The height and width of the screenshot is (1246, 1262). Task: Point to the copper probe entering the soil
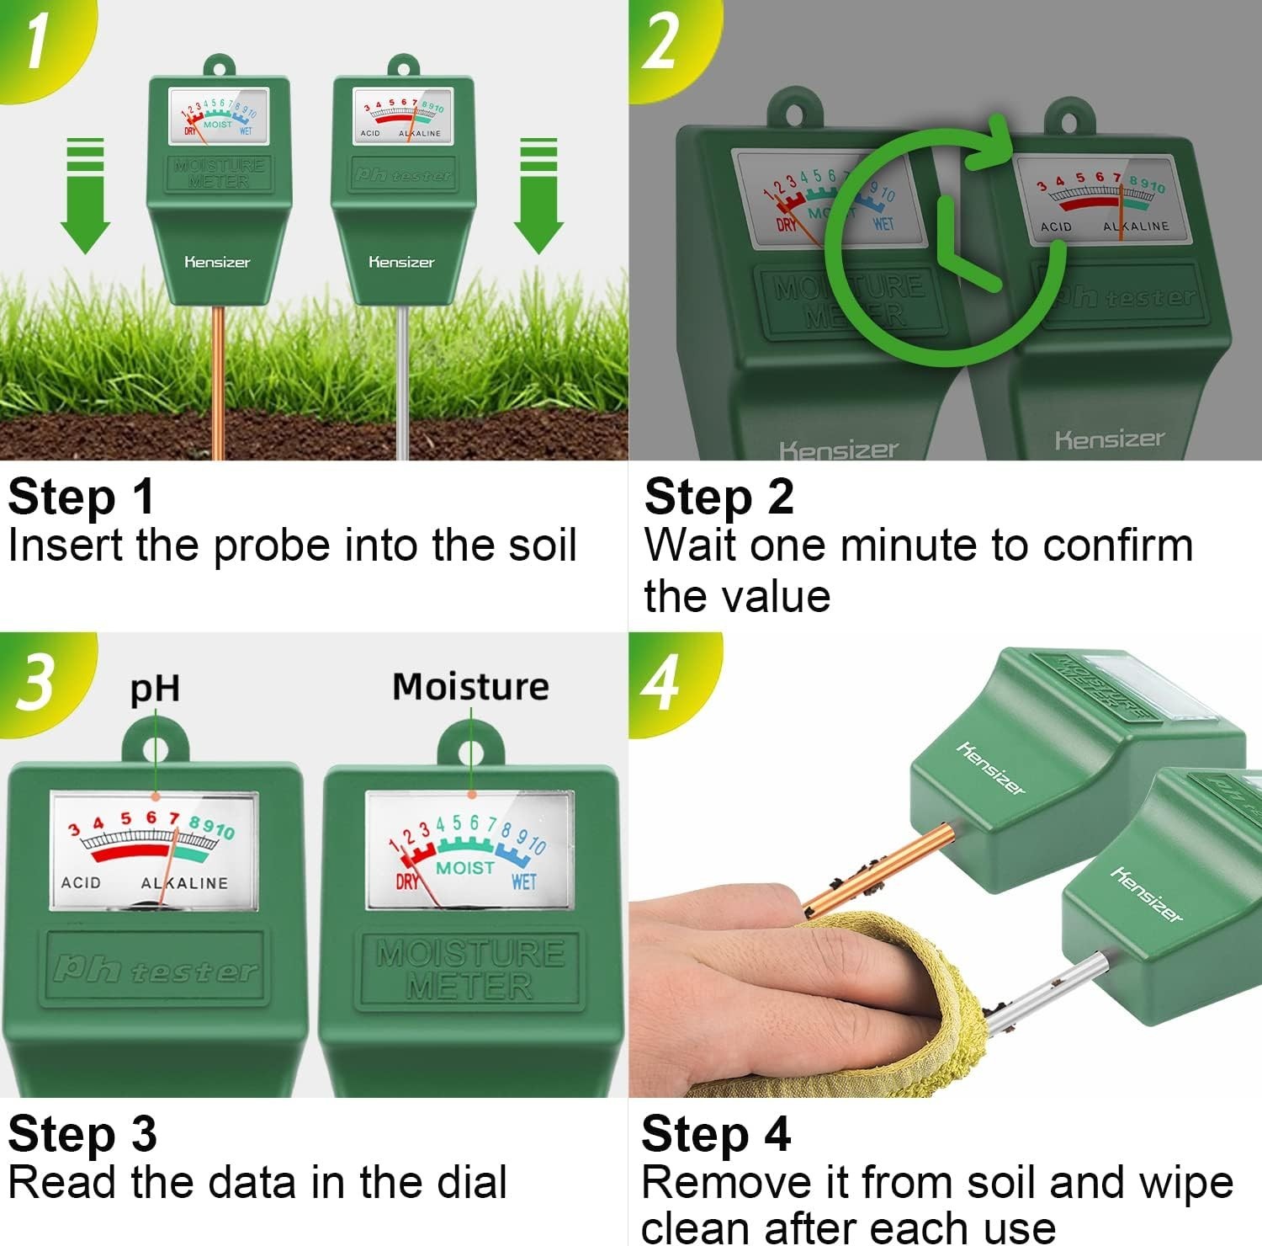pos(219,379)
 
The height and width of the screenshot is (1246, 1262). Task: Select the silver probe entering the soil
pos(403,379)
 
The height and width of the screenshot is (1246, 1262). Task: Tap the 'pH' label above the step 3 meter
pos(155,689)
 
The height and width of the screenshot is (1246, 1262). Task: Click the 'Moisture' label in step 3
pos(470,687)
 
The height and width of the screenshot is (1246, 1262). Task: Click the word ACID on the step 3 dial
pos(81,883)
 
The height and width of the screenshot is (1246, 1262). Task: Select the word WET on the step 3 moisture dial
pos(523,881)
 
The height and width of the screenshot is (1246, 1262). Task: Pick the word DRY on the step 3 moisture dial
pos(407,881)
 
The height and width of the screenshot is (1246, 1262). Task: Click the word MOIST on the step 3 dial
pos(465,867)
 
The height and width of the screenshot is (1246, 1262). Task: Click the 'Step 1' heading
pos(82,497)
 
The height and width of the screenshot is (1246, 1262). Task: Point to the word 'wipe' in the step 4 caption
pos(1186,1182)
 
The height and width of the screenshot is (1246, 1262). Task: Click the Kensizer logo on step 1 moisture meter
pos(217,262)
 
